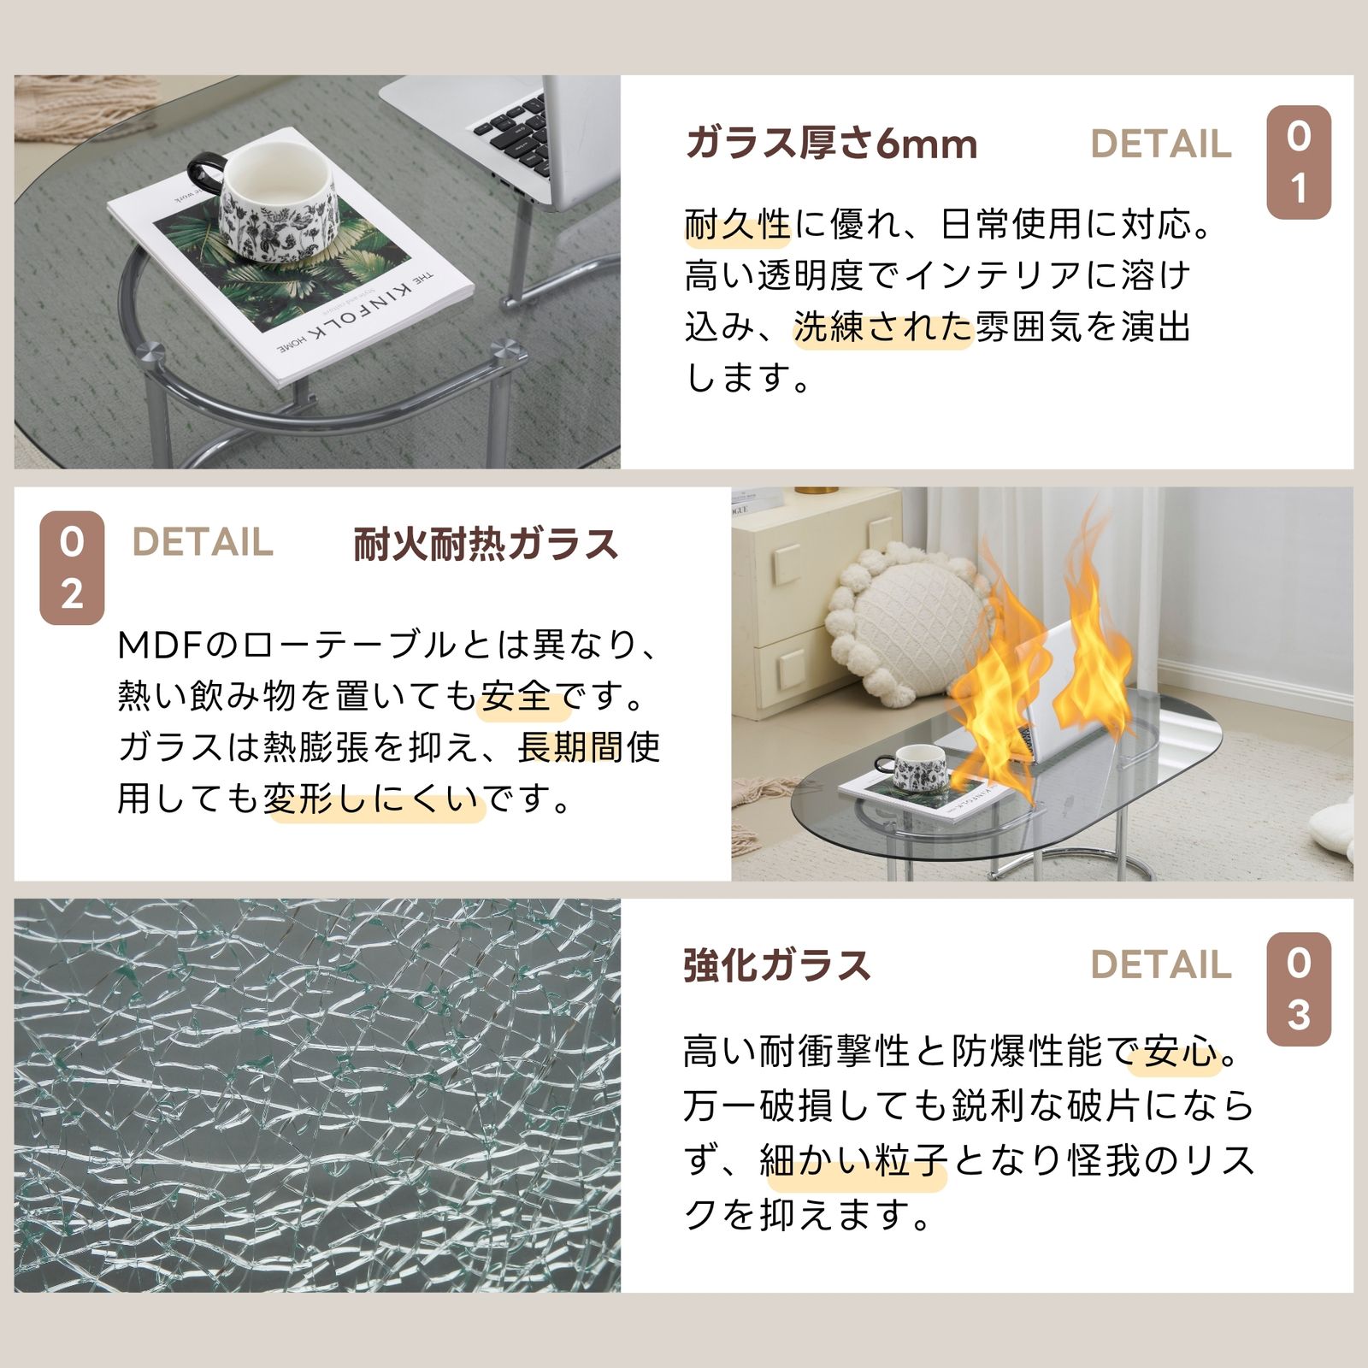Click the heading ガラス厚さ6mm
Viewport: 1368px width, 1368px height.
[x=831, y=144]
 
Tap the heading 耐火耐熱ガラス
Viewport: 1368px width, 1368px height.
[x=485, y=545]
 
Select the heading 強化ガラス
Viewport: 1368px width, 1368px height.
[x=776, y=965]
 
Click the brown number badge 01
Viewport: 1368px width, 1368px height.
[x=1298, y=162]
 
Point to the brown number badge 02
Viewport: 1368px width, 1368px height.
[x=72, y=568]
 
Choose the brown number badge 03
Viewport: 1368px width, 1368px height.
[x=1298, y=989]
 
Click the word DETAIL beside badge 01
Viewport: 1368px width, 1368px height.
[x=1161, y=144]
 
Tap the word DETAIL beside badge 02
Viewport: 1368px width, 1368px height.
[x=203, y=543]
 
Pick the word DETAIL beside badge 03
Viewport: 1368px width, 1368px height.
[x=1161, y=965]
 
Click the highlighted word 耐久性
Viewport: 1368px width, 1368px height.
[x=738, y=225]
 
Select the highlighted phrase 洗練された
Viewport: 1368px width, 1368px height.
[x=883, y=327]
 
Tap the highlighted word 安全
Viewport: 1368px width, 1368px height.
[x=515, y=697]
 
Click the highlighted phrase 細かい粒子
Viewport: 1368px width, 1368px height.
[x=854, y=1161]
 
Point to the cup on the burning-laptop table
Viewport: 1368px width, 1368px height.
[x=919, y=767]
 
